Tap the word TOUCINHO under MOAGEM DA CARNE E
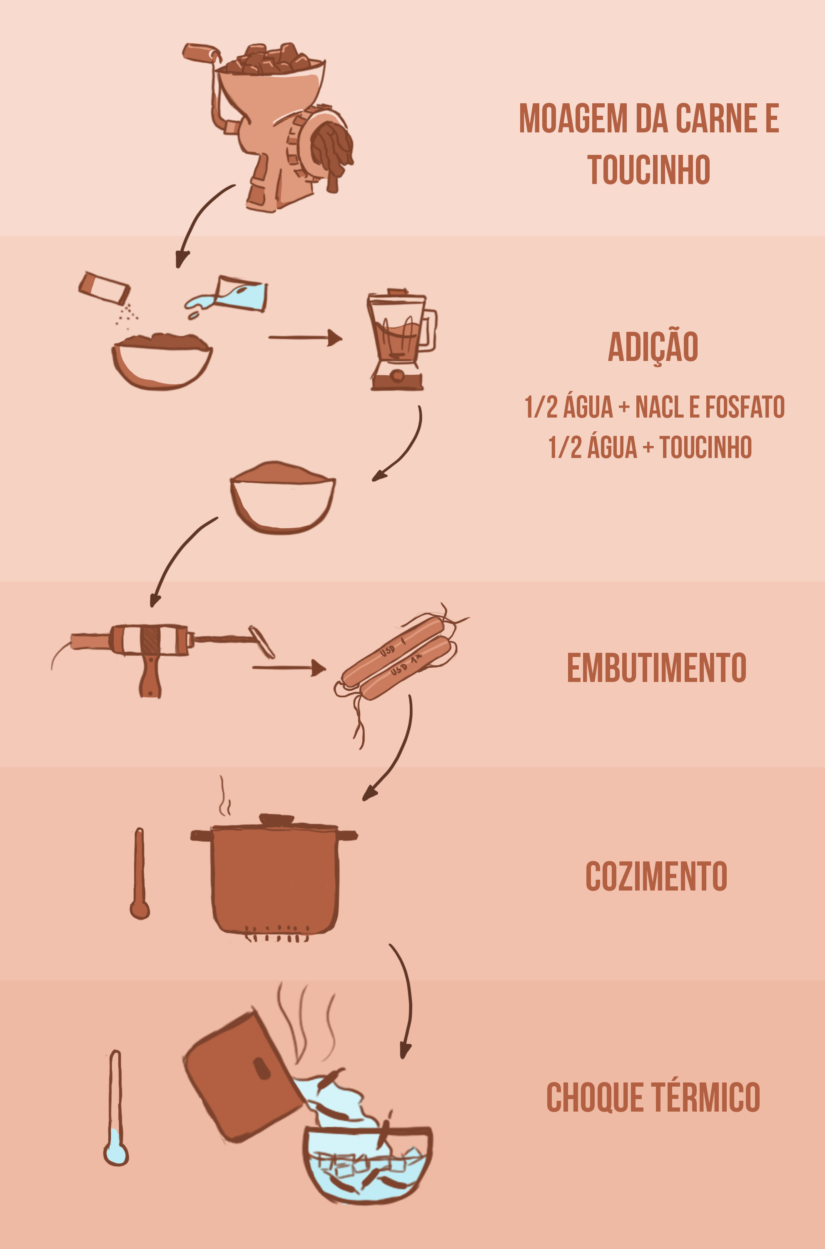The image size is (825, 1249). pos(649,169)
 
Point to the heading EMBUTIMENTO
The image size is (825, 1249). pos(657,667)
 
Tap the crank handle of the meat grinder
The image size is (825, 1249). pos(201,52)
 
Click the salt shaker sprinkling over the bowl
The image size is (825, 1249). pos(104,288)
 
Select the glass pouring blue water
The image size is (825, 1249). pos(239,294)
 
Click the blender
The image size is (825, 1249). pos(401,340)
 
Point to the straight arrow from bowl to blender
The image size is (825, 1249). pos(305,338)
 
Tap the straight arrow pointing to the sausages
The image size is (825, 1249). pos(289,667)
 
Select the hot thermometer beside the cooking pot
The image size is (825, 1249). pos(140,873)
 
